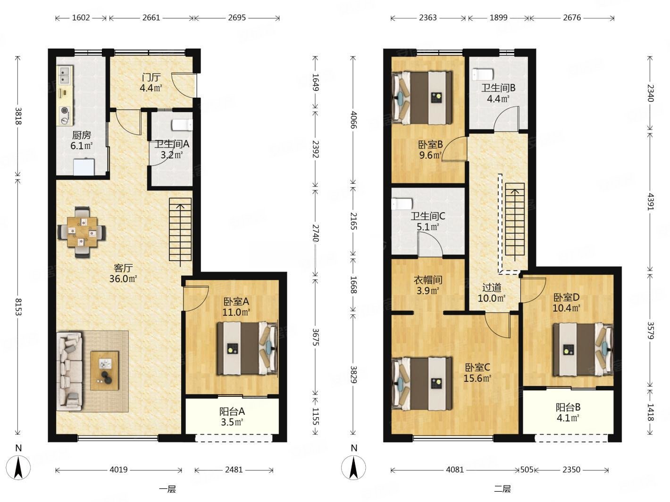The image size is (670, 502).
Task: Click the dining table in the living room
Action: (x=82, y=232)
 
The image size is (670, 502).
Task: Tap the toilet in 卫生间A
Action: (x=182, y=125)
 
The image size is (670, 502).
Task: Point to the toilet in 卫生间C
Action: (x=402, y=204)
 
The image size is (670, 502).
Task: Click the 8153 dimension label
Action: (x=17, y=307)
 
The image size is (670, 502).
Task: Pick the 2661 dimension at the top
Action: (x=151, y=18)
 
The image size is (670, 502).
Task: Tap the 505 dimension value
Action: (x=527, y=469)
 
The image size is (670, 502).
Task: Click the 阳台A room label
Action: (x=232, y=411)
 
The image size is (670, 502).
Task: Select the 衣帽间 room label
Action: (x=428, y=280)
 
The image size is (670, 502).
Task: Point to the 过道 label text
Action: (x=492, y=287)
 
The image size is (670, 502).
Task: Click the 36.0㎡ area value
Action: (x=123, y=279)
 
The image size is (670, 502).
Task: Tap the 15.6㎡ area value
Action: (x=477, y=378)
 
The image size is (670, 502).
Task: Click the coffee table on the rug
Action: (x=105, y=370)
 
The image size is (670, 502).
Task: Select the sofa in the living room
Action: (x=69, y=371)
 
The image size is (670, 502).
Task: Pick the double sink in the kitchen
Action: (x=65, y=75)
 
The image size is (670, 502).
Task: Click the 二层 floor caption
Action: (x=502, y=489)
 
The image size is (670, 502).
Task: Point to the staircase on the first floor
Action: (x=180, y=231)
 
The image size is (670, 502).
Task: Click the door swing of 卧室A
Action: (x=195, y=299)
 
